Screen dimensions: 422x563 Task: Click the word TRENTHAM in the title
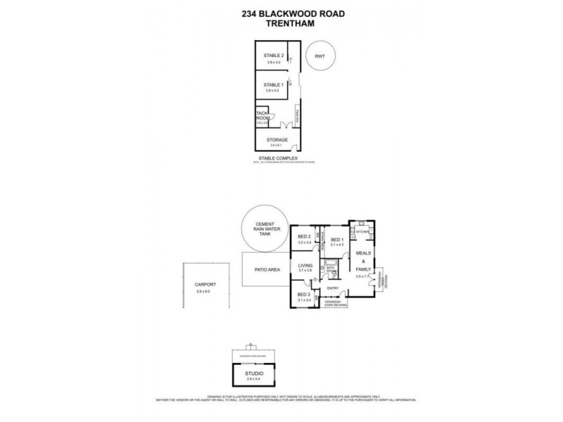(x=281, y=21)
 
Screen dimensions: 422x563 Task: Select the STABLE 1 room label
(x=273, y=85)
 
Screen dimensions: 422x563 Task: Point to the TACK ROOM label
(x=262, y=115)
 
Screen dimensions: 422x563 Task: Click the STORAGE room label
(x=275, y=141)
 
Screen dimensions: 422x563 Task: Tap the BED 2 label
(x=304, y=237)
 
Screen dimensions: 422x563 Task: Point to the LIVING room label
(x=304, y=265)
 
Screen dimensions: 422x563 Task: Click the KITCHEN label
(x=362, y=231)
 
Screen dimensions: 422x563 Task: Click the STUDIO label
(x=253, y=374)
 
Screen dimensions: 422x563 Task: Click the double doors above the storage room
(x=285, y=126)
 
